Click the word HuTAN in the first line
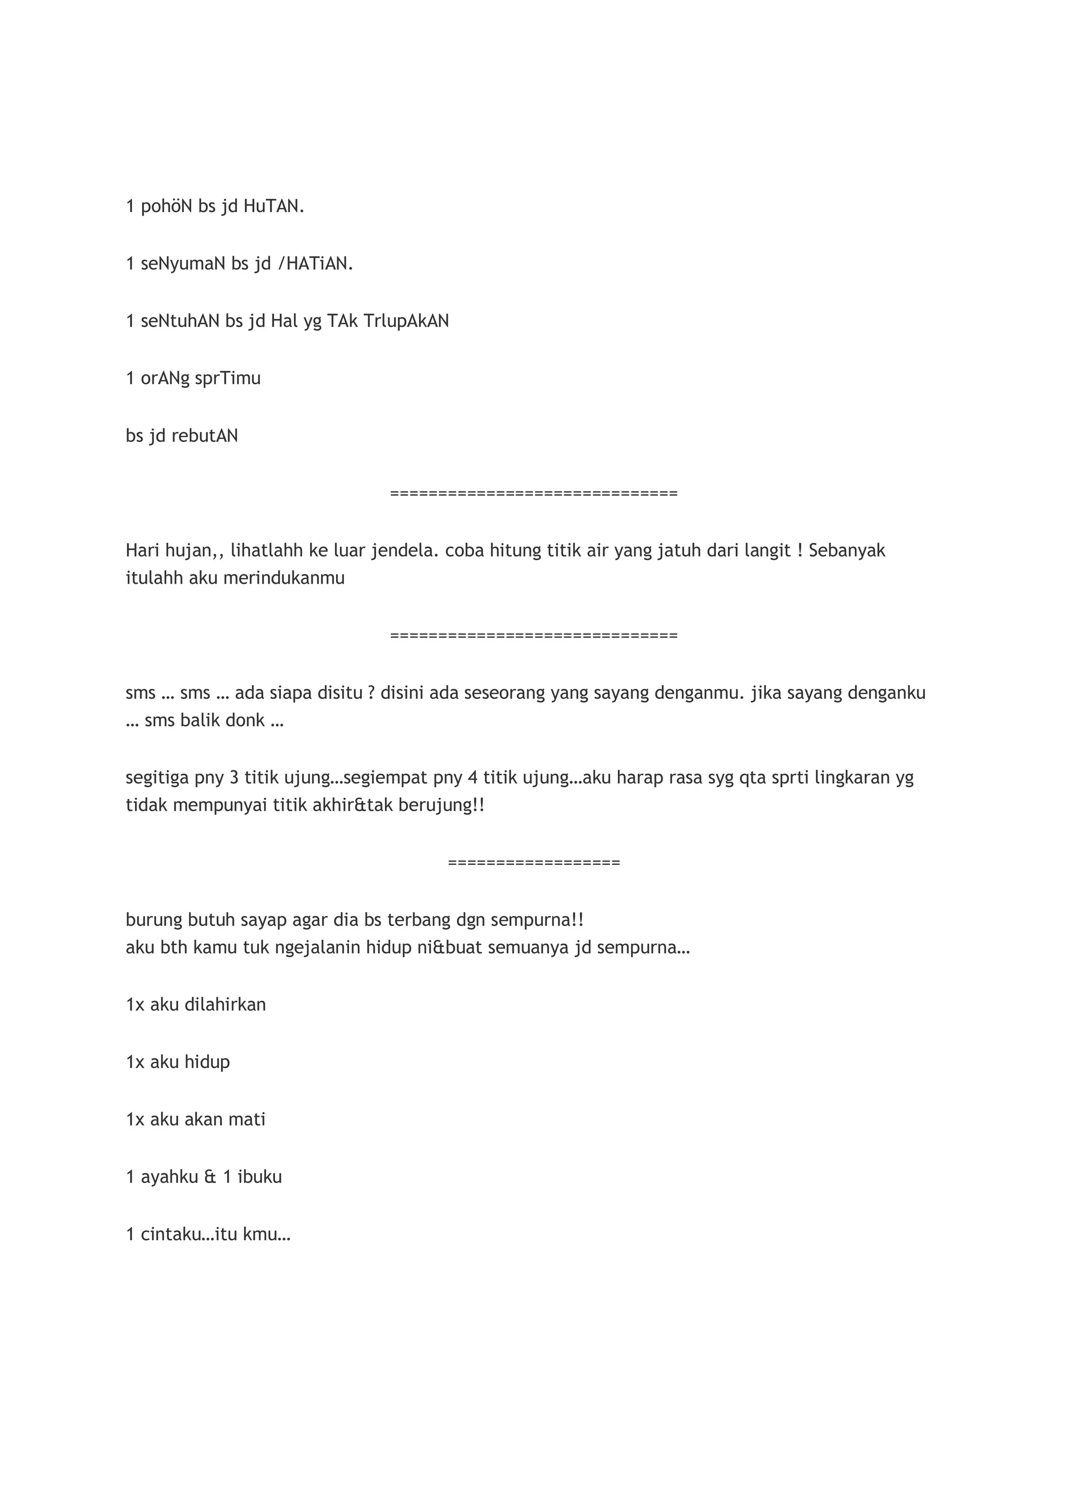coord(274,206)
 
